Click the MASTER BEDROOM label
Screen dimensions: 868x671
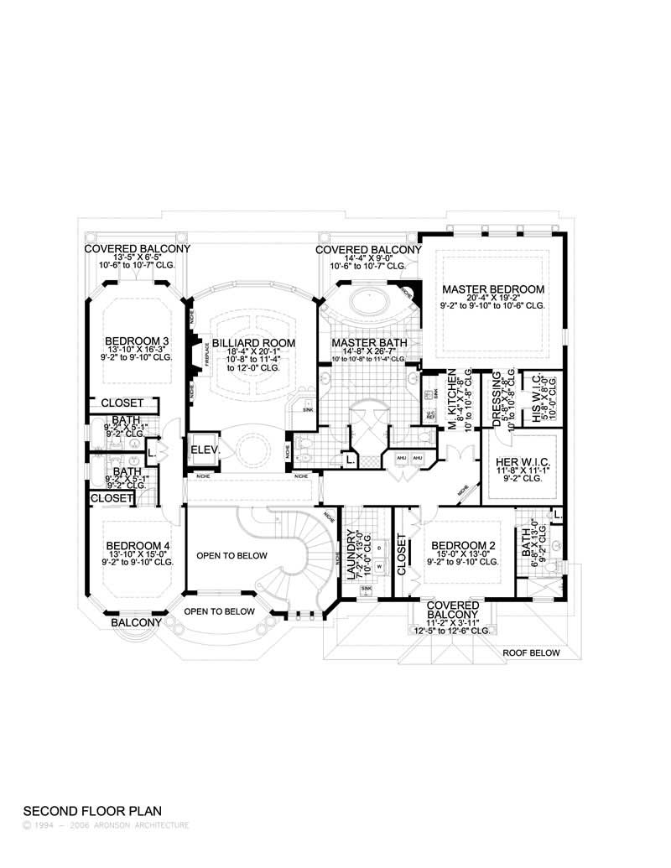493,289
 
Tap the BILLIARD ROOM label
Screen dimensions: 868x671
242,343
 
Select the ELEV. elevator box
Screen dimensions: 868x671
205,450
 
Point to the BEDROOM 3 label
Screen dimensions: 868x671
137,341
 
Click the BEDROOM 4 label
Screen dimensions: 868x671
137,545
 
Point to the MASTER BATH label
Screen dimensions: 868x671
369,343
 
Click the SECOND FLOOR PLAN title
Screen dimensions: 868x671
91,812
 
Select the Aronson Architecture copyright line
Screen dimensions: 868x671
106,825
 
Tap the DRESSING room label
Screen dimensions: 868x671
497,398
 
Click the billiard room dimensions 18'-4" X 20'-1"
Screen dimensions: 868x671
242,354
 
